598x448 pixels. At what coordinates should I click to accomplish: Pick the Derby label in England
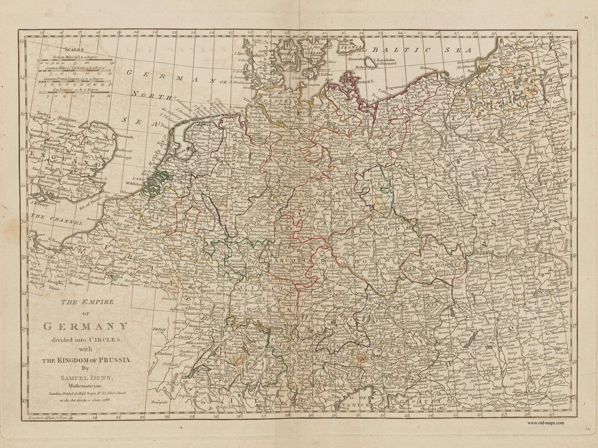(38, 112)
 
